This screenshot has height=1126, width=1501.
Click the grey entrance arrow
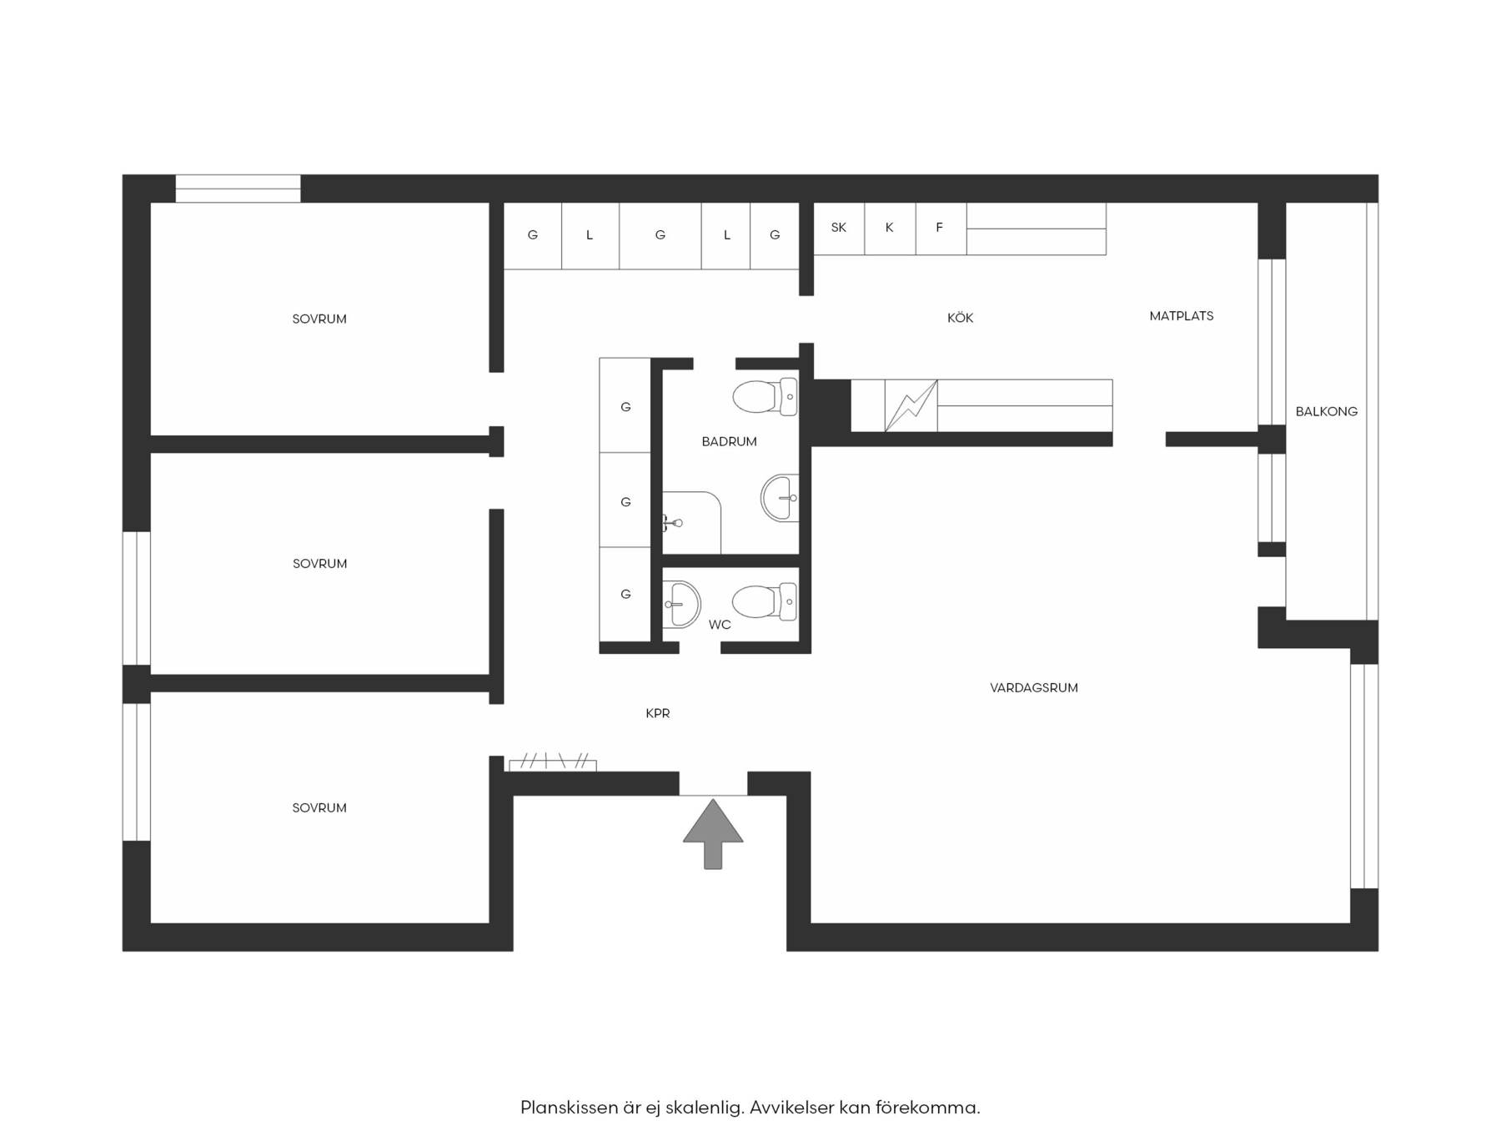tap(713, 834)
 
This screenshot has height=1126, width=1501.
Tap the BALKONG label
tap(1326, 411)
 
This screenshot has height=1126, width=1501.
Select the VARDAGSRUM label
tap(1033, 688)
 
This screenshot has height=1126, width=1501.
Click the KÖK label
tap(960, 318)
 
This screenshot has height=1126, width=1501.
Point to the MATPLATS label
tap(1181, 316)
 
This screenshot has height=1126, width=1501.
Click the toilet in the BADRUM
tap(765, 397)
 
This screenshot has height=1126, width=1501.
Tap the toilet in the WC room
tap(765, 601)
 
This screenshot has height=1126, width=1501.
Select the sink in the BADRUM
tap(780, 498)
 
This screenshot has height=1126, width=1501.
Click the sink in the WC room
tap(682, 603)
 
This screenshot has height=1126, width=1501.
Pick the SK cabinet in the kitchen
tap(839, 229)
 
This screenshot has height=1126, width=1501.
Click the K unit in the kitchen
tap(890, 229)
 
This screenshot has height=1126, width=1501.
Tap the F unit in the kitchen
tap(941, 229)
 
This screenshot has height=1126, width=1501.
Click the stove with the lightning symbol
tap(911, 406)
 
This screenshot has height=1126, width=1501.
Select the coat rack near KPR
tap(553, 763)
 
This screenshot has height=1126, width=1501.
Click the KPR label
tap(658, 713)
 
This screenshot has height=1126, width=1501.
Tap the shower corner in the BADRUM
tap(691, 522)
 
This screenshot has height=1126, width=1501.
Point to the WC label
tap(720, 625)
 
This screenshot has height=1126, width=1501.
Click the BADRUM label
tap(729, 442)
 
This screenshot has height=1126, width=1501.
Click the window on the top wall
tap(238, 189)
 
